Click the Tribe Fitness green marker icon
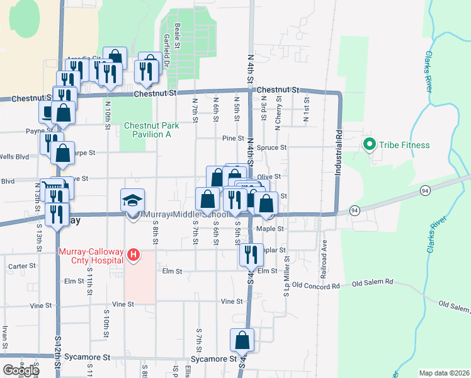point(370,145)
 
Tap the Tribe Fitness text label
point(404,145)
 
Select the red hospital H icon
point(133,255)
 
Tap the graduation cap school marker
point(132,201)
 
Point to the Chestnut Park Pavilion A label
point(151,130)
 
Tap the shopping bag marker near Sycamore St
point(242,341)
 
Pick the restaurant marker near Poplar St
point(251,255)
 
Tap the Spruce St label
point(276,147)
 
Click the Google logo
point(20,370)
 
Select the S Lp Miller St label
point(285,265)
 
